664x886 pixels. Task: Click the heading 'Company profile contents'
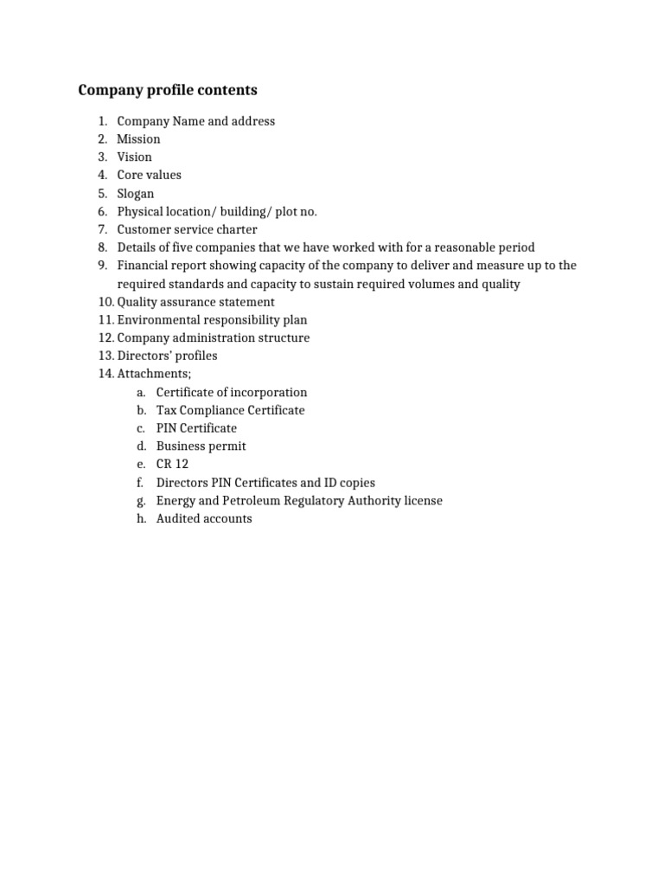(168, 90)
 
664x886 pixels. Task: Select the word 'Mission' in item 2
(138, 138)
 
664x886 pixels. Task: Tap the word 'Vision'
(134, 157)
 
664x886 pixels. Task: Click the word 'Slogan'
(136, 193)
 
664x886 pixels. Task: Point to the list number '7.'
(102, 229)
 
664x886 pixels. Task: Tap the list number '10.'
(105, 302)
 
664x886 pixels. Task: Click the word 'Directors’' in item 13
(145, 356)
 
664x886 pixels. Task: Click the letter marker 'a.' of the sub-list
(141, 392)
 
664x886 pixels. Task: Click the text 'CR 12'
(172, 465)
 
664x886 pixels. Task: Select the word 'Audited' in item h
(177, 519)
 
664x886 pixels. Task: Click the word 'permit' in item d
(227, 446)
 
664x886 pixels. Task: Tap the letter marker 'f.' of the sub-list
(140, 483)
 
